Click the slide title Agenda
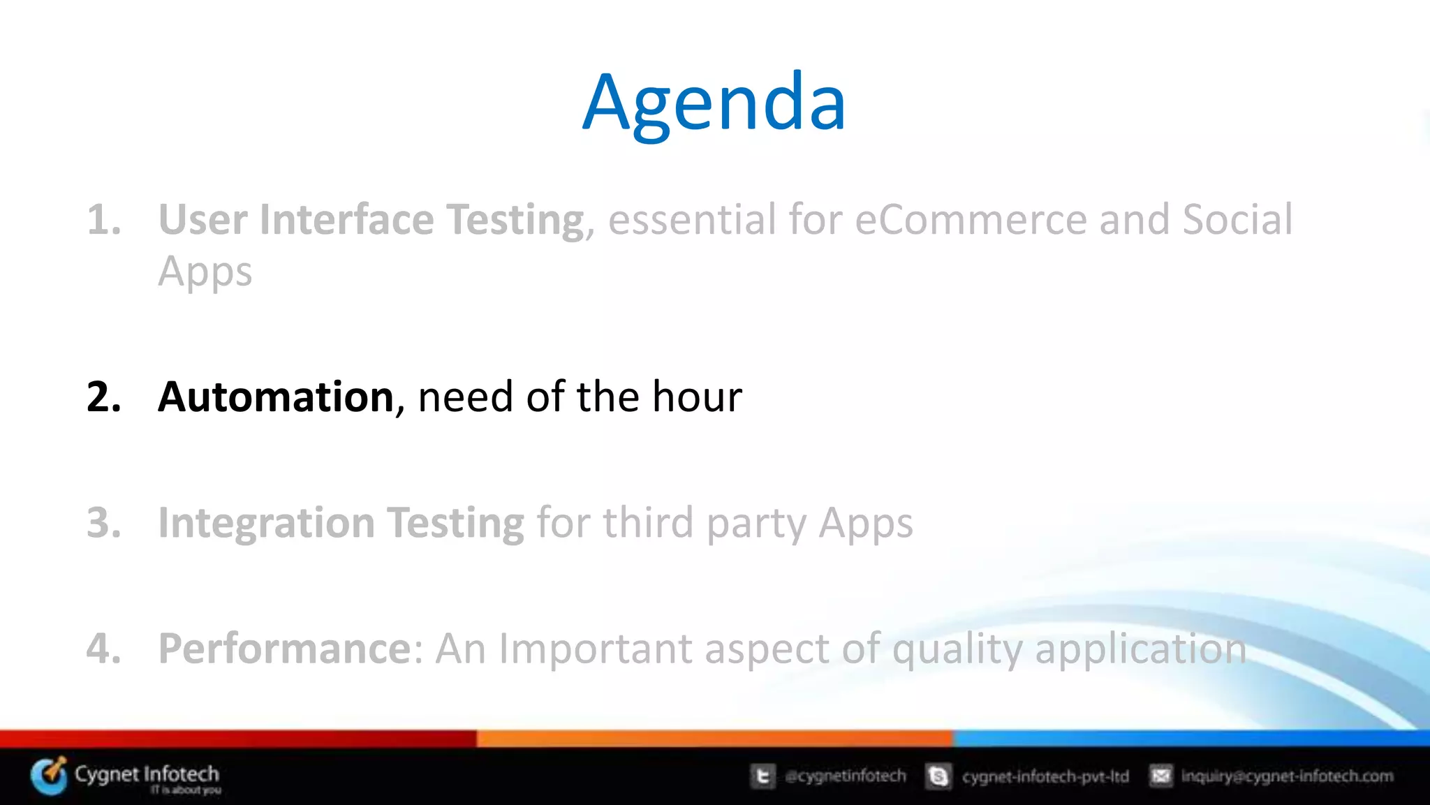pyautogui.click(x=714, y=103)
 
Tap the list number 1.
pyautogui.click(x=103, y=220)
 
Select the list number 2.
pyautogui.click(x=103, y=397)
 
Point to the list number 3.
pyautogui.click(x=103, y=523)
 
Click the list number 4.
pyautogui.click(x=103, y=649)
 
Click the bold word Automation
pyautogui.click(x=277, y=397)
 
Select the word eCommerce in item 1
pyautogui.click(x=971, y=220)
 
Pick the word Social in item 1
pyautogui.click(x=1237, y=220)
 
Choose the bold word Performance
pyautogui.click(x=286, y=649)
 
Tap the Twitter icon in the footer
pyautogui.click(x=762, y=776)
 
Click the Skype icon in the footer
pyautogui.click(x=938, y=776)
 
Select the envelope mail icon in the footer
pyautogui.click(x=1160, y=776)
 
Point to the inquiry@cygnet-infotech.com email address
pyautogui.click(x=1287, y=776)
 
